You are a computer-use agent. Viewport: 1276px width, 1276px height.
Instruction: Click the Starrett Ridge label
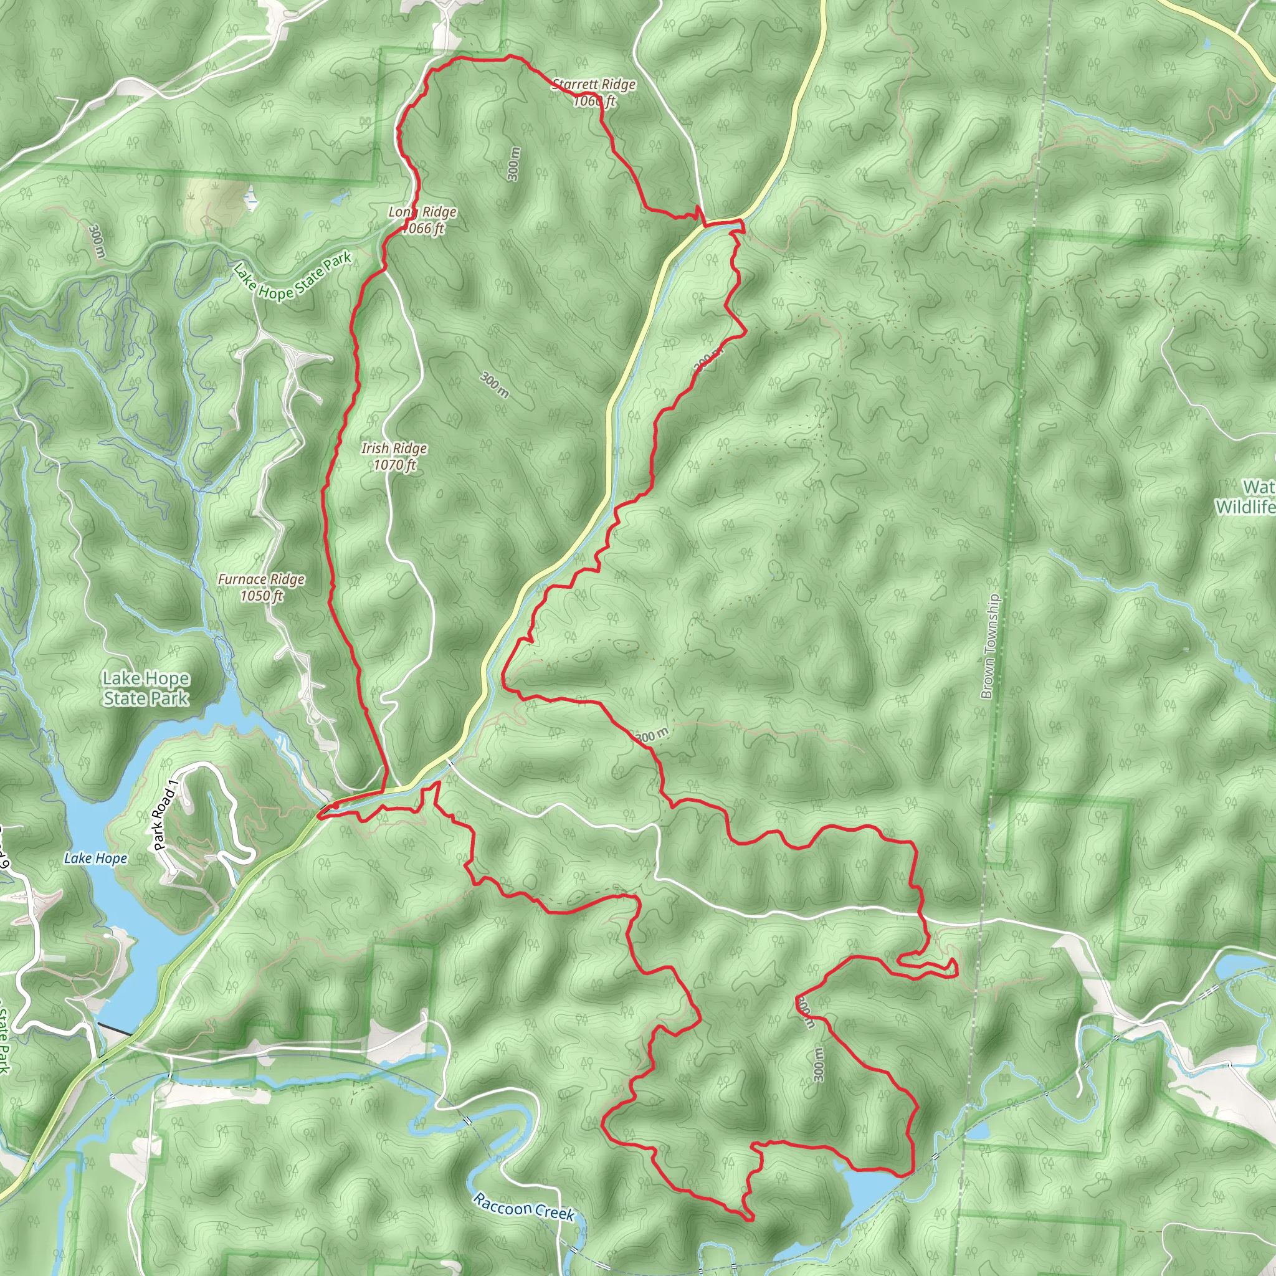(x=594, y=85)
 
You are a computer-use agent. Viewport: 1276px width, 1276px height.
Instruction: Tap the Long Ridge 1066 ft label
(x=422, y=220)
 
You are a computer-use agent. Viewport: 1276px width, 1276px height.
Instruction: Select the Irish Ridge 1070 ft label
(x=394, y=456)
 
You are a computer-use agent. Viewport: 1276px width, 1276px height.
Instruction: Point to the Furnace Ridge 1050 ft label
(x=261, y=587)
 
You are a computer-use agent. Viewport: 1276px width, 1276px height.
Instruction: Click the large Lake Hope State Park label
(x=146, y=688)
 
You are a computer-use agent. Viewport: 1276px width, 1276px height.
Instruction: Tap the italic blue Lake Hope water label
(x=96, y=858)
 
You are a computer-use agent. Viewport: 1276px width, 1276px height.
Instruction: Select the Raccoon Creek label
(x=524, y=1207)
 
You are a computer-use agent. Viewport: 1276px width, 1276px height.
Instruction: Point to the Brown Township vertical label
(x=989, y=647)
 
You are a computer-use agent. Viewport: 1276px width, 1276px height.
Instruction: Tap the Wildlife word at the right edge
(x=1245, y=507)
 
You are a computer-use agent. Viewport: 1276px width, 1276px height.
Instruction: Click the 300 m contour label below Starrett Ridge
(x=514, y=164)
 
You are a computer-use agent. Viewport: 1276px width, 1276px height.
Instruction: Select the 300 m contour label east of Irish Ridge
(x=494, y=384)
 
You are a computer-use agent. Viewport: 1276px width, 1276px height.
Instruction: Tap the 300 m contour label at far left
(x=97, y=242)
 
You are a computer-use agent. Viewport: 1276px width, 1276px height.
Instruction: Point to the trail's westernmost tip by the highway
(x=319, y=816)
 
